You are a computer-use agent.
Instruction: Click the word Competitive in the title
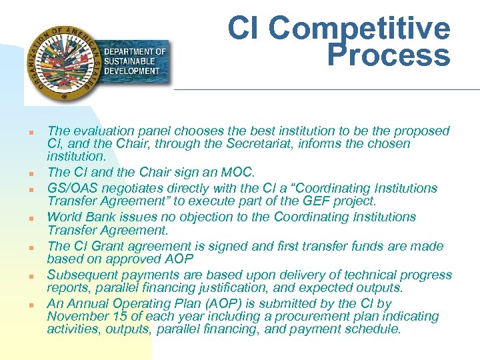360,28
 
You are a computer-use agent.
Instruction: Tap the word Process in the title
389,56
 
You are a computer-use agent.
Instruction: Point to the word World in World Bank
65,217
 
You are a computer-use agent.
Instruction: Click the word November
75,317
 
